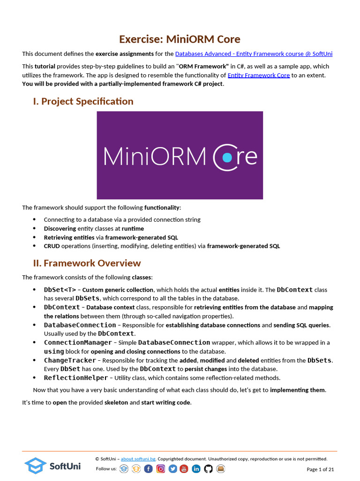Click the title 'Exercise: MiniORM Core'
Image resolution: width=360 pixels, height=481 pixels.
click(x=180, y=39)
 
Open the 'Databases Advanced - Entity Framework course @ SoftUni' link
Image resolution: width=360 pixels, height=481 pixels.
click(x=254, y=54)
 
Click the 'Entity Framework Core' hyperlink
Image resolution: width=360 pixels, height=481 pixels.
click(x=258, y=75)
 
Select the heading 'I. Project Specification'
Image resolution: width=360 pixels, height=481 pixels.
click(x=83, y=101)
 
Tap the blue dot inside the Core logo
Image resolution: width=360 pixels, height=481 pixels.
click(x=227, y=157)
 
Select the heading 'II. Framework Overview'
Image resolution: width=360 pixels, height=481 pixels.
click(x=87, y=263)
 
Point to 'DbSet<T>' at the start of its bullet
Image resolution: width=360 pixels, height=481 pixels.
click(x=60, y=290)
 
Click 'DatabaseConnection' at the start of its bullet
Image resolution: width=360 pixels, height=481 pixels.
click(x=80, y=325)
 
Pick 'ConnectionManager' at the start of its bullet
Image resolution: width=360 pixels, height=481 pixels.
click(x=78, y=343)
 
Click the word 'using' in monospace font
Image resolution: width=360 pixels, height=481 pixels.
click(x=54, y=351)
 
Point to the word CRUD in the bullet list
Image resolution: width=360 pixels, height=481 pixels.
click(x=52, y=246)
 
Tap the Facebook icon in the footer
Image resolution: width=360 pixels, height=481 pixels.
click(x=148, y=469)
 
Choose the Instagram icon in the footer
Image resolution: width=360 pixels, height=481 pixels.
click(x=160, y=469)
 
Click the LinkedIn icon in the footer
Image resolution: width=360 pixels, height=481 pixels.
click(x=196, y=469)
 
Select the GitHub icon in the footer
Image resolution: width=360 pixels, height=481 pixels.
click(x=208, y=469)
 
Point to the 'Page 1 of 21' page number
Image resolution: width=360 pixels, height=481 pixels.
click(x=320, y=469)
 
